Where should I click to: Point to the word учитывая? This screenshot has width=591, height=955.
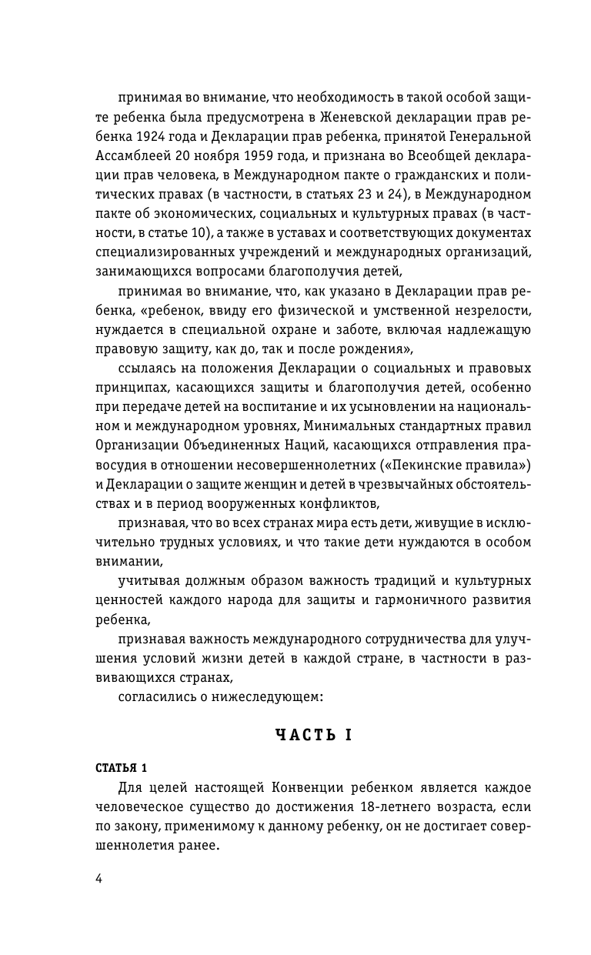coord(151,579)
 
